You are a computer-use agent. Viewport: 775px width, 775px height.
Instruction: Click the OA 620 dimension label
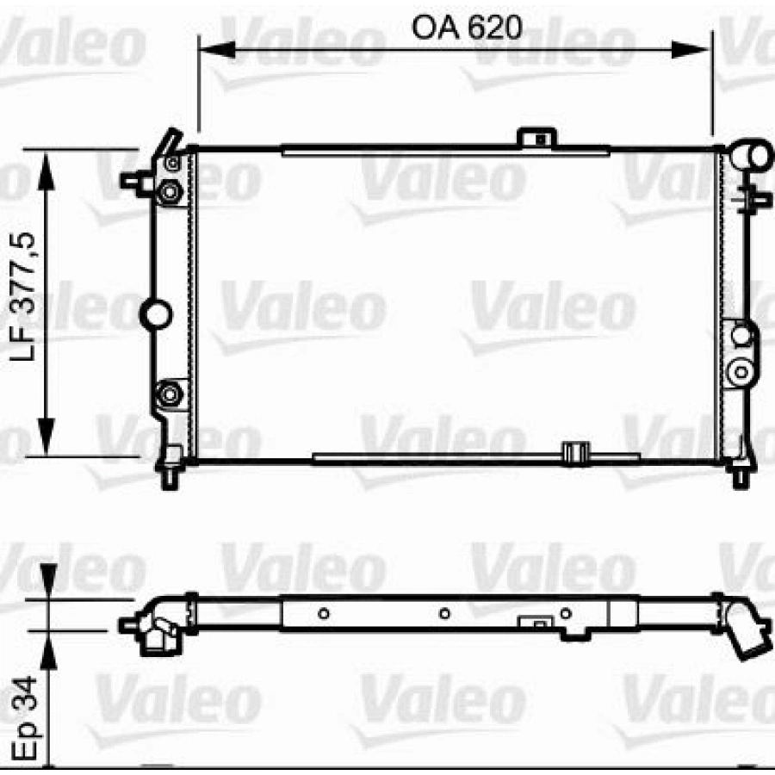coord(467,28)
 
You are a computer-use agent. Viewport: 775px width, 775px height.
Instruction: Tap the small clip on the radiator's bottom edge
coord(573,452)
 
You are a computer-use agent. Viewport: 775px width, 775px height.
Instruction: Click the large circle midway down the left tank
coord(156,313)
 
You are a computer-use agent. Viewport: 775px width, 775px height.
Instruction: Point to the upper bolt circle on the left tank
coord(170,190)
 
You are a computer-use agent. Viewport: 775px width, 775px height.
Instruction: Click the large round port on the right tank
coord(740,372)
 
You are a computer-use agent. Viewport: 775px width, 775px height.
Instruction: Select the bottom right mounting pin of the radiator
coord(740,474)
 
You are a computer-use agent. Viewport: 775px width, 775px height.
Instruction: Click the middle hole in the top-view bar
coord(444,613)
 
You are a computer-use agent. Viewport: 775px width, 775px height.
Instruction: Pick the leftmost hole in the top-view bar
coord(324,613)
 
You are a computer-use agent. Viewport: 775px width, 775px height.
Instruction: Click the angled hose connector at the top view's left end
coord(155,629)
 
